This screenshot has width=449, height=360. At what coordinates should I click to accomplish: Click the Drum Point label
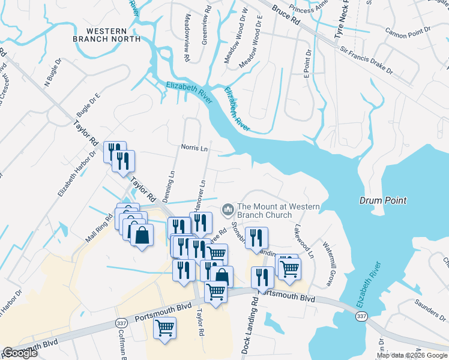click(384, 200)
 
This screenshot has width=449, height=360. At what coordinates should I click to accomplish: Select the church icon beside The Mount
click(228, 209)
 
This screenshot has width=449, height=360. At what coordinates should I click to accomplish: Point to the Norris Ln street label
click(194, 146)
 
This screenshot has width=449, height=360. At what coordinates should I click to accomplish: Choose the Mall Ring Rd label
click(99, 229)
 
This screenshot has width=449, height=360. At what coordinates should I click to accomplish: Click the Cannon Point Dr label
click(408, 29)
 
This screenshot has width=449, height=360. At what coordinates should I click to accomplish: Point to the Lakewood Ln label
click(304, 242)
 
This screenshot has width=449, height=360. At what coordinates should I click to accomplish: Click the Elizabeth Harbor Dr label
click(76, 174)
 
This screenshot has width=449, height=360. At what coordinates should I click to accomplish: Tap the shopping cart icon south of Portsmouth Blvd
click(164, 328)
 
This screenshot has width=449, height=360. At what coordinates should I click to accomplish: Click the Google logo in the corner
click(20, 353)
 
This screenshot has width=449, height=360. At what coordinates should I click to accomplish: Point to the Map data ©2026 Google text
click(412, 355)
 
